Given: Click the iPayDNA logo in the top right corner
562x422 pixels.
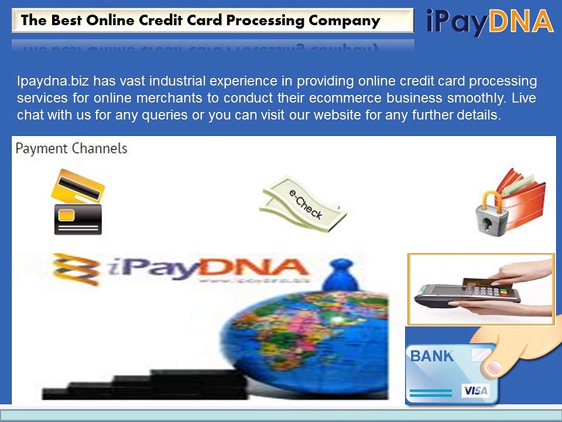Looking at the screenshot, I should point(489,22).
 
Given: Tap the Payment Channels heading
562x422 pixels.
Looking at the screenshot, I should point(71,148).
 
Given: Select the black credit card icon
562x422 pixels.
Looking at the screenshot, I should point(78,219).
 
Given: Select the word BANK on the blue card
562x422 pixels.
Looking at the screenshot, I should point(431,356).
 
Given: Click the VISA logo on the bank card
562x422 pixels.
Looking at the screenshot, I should point(475,390).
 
